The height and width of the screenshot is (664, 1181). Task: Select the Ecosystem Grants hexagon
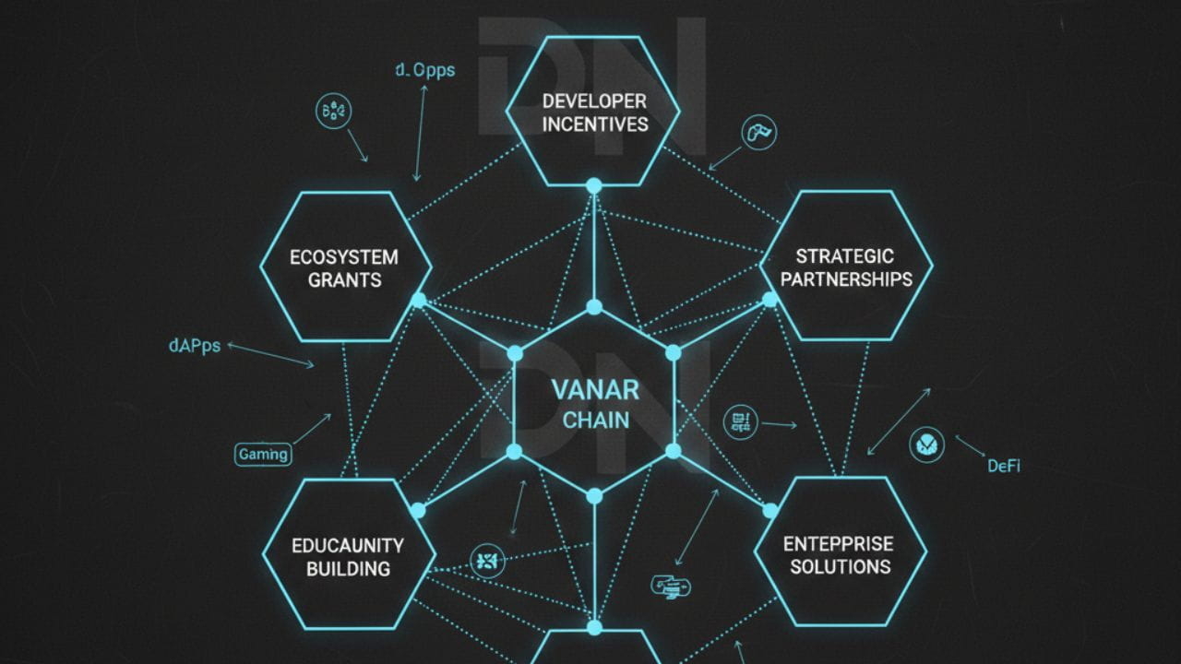(345, 267)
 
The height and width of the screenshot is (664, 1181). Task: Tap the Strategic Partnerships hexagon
(845, 267)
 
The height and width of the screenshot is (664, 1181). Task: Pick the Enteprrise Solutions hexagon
(840, 553)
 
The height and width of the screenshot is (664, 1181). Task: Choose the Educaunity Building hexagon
(348, 555)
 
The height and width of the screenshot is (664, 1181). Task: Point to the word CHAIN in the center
(595, 421)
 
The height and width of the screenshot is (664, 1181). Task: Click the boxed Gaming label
(263, 454)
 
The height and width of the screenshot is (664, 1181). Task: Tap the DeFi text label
(1004, 466)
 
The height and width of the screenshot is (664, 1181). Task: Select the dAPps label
(195, 347)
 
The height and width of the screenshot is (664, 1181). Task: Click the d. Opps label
(424, 70)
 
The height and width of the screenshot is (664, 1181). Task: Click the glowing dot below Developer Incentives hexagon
(594, 185)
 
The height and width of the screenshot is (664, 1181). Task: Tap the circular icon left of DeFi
(926, 445)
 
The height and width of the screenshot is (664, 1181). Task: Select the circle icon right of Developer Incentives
(759, 131)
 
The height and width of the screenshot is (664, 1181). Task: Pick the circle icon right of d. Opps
(333, 112)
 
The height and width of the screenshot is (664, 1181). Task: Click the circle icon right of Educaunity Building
(487, 560)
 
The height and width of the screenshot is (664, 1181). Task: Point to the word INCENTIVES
(595, 124)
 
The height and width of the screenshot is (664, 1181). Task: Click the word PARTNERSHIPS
(845, 279)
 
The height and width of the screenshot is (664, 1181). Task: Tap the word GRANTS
(345, 280)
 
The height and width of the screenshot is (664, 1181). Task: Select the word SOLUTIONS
(840, 565)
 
